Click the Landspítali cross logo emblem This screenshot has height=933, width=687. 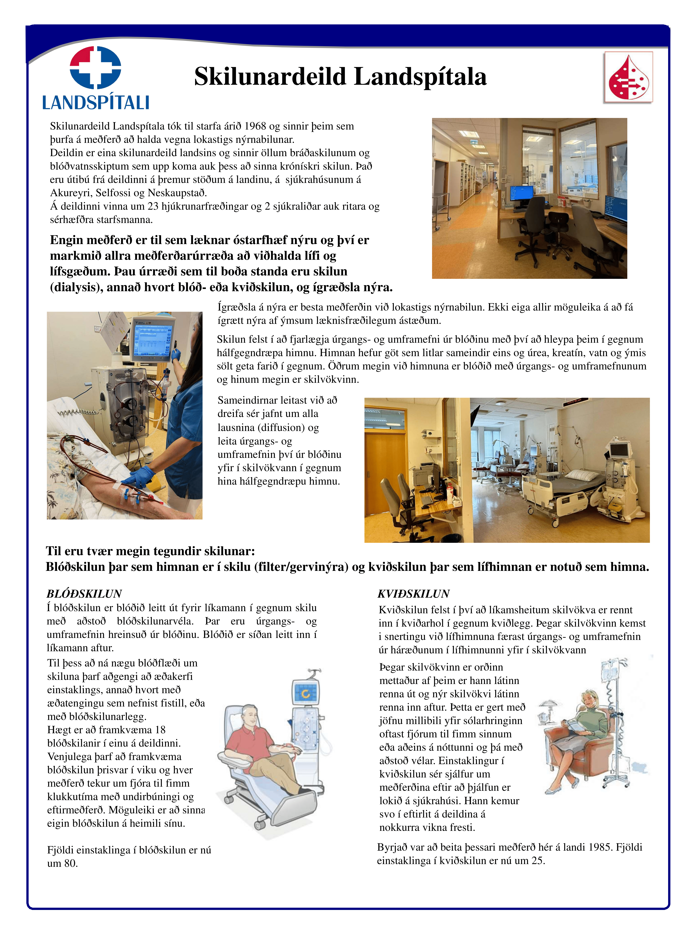[x=95, y=67]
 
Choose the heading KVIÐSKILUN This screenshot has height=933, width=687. [x=413, y=594]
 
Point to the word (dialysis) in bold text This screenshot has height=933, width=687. [x=77, y=288]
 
